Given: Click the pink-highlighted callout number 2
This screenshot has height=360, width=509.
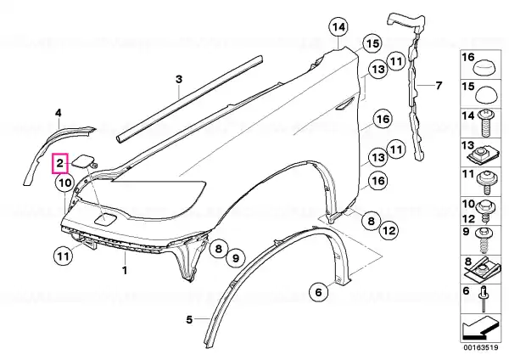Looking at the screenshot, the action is [60, 163].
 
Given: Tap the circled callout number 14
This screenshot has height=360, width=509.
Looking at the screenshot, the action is [338, 27].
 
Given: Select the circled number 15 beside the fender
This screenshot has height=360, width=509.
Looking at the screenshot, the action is [372, 43].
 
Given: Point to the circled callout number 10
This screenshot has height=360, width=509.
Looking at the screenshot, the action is [65, 183].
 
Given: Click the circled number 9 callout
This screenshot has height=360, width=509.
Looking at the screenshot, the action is [236, 258].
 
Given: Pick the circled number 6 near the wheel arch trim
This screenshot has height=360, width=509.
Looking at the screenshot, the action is [318, 292].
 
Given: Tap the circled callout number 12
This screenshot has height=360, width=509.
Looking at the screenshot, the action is [389, 230].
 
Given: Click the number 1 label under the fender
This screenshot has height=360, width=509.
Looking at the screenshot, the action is [125, 270].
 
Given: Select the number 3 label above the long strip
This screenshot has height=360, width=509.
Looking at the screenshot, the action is [179, 79].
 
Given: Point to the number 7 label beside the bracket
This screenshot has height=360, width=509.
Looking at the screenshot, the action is [439, 86].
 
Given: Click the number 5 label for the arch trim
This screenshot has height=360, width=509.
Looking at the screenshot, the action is [189, 320].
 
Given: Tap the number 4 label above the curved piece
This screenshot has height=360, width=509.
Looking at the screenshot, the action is [58, 113].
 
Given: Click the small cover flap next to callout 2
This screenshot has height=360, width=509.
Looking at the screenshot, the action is [83, 161].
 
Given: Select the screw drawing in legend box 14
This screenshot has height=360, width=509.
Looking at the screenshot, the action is [486, 122].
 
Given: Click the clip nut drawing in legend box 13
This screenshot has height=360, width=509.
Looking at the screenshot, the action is [482, 155].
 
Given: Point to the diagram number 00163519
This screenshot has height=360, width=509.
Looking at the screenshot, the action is [480, 347].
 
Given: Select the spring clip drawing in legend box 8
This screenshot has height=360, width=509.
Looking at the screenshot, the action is [482, 270].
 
